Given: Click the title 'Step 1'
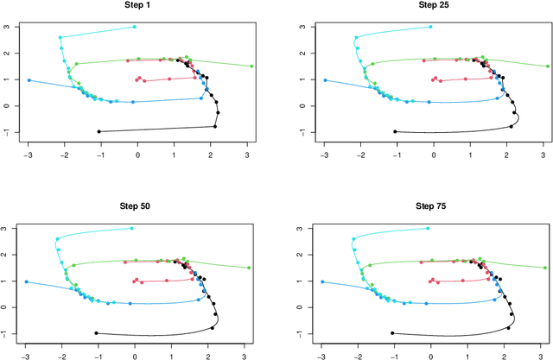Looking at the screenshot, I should click(138, 4).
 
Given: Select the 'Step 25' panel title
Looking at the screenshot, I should click(435, 4).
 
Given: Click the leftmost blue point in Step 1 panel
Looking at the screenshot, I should click(29, 80).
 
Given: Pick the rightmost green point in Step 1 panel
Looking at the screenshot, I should click(251, 66).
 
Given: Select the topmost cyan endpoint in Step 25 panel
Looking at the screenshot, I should click(430, 27).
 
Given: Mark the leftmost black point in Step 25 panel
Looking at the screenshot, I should click(395, 132).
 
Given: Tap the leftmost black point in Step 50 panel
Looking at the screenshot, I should click(96, 333).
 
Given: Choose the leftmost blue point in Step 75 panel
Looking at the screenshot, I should click(322, 282).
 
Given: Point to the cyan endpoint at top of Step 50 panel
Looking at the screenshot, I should click(132, 229).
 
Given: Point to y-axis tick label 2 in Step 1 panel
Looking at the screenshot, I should click(8, 54).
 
